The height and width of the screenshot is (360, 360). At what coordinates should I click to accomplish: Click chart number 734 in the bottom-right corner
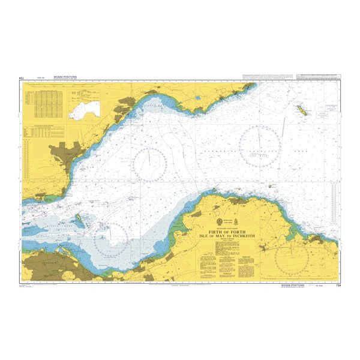[x=338, y=287]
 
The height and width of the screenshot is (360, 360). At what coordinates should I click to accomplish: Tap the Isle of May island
[x=300, y=110]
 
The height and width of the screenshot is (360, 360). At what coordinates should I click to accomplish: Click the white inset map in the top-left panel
[x=83, y=109]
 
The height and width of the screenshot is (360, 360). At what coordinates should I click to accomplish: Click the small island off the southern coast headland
[x=273, y=187]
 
